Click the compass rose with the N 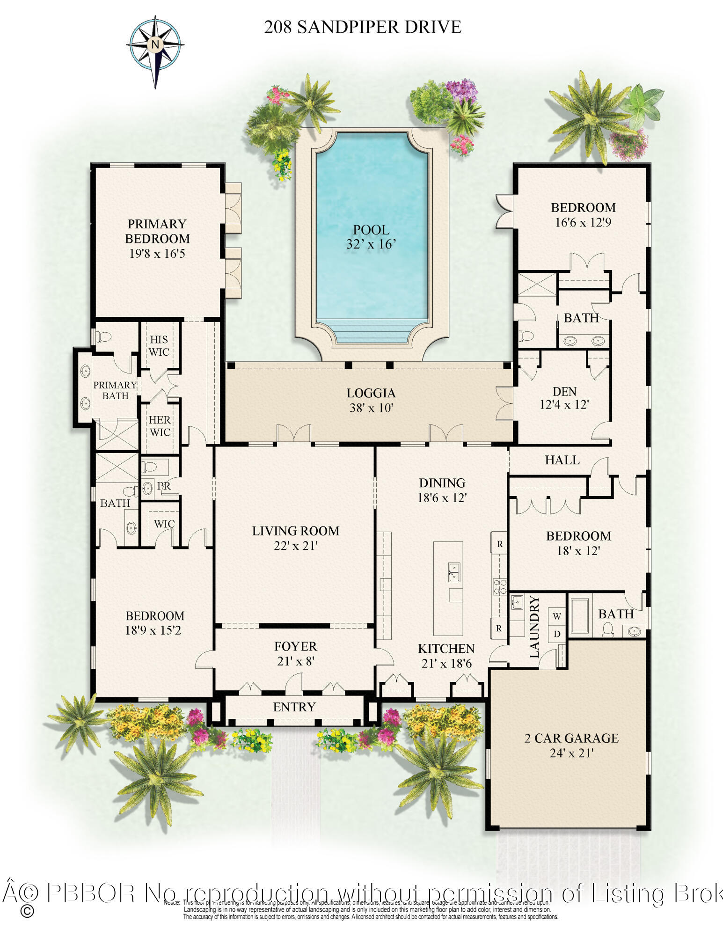155,45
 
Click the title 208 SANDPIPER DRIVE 363,27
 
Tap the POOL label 371,230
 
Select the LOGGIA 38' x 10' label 371,400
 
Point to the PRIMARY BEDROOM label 157,231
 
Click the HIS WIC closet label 159,346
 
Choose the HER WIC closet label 160,426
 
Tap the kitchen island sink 454,572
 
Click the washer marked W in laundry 557,616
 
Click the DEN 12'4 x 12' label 564,397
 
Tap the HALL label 562,460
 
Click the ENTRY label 294,707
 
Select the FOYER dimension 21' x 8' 295,661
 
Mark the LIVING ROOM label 295,531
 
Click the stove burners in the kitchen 499,587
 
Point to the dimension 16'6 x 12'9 583,222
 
